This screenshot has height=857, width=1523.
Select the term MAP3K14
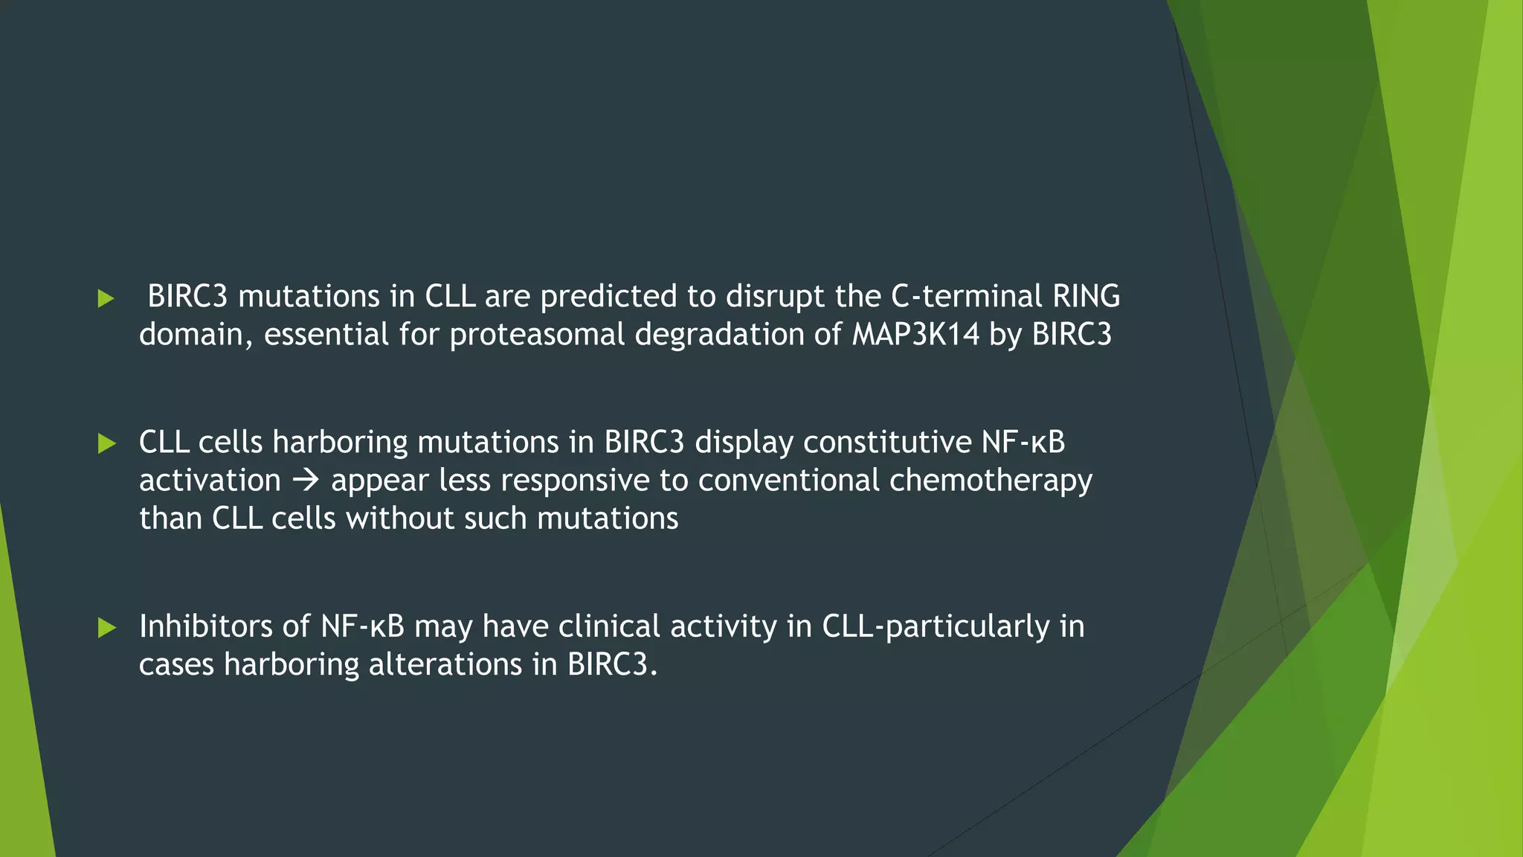(x=915, y=334)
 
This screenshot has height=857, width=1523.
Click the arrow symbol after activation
(x=306, y=481)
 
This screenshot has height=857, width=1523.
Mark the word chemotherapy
(x=991, y=481)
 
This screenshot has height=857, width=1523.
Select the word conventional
(x=789, y=481)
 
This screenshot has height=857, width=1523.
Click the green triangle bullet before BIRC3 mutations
(x=106, y=299)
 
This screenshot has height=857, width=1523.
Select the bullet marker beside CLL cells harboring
(x=106, y=444)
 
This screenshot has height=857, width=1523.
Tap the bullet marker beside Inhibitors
(x=106, y=628)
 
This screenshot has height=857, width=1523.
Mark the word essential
(x=326, y=334)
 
